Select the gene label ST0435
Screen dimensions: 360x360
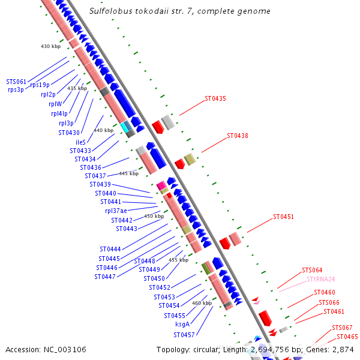point(215,98)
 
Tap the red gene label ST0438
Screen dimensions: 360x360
point(238,136)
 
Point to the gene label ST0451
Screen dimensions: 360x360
point(284,217)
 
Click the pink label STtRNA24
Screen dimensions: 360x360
point(320,279)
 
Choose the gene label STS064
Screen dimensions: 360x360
point(312,271)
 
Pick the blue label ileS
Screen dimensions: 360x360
point(80,142)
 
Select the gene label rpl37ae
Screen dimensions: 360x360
point(116,211)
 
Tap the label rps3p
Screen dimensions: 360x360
point(16,89)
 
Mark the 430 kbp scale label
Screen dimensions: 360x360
point(50,46)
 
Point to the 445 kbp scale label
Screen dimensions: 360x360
point(128,173)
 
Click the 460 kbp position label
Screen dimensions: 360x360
point(202,303)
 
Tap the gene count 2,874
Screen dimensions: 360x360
point(341,349)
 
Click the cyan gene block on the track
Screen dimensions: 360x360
point(125,127)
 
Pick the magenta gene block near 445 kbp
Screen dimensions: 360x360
point(161,187)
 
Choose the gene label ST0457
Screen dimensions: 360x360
point(184,335)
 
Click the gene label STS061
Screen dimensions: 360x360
point(16,82)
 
